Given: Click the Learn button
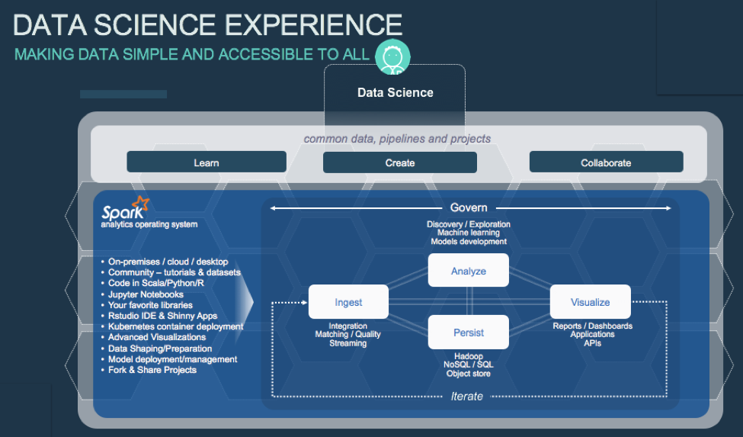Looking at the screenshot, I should pos(207,162).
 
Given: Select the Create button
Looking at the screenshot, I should pos(400,162).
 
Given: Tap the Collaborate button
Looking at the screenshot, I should pos(606,162).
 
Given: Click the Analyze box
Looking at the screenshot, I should pos(468,271).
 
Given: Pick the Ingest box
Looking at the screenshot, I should pos(348,302).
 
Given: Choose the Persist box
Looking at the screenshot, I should pos(468,333).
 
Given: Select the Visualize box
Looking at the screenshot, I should pos(590,302).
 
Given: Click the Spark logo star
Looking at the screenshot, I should pos(141,204).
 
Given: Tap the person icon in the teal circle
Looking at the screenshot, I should pos(392,57).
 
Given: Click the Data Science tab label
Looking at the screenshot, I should pos(396,93).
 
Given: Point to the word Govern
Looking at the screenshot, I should pos(469,207).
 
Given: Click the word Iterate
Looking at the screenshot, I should pos(466,397).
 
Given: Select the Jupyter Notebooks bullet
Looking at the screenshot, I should pos(146,294).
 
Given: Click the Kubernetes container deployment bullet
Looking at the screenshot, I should pos(175,326).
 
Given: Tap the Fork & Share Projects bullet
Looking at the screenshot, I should pos(152,370).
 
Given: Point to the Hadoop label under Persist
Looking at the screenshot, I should pos(468,355).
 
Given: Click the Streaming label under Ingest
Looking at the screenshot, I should pos(347,343).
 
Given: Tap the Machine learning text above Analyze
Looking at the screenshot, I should pos(469,233).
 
